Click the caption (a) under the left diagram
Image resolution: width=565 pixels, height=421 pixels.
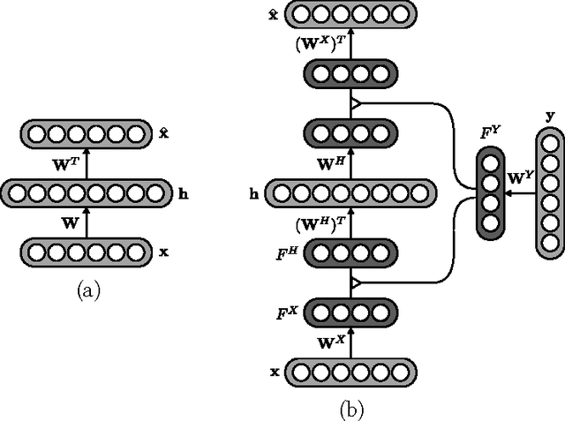coord(88,289)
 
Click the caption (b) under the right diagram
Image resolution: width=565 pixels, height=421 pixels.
coord(350,409)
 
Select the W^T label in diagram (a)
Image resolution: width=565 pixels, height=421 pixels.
coord(65,164)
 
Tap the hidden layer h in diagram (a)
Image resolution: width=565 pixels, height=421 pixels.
coord(87,192)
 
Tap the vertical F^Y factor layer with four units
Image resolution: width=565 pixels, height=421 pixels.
coord(492,193)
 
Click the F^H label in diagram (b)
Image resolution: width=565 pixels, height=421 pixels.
coord(287,254)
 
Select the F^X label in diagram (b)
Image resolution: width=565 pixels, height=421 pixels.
coord(288,311)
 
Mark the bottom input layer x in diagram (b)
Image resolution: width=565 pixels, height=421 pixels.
coord(350,371)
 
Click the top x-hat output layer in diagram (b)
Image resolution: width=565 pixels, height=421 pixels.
coord(350,13)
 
